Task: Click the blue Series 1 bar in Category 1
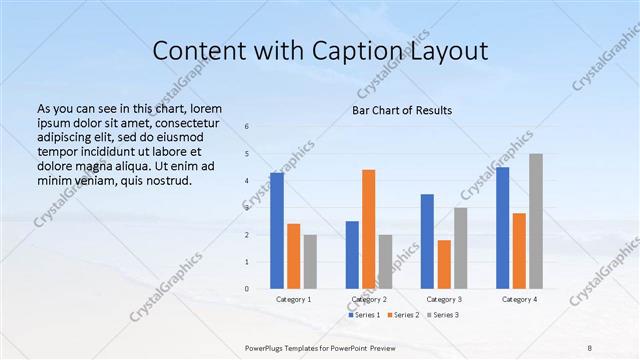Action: [277, 231]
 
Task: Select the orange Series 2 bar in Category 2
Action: [368, 229]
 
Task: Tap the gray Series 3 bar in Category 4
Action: [536, 221]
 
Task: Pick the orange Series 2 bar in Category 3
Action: [444, 264]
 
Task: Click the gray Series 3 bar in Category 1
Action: [310, 262]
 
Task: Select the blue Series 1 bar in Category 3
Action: [427, 241]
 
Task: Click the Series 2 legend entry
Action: [403, 315]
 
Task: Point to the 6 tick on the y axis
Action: [247, 126]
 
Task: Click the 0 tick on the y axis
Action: [247, 289]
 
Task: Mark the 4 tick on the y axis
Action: [247, 181]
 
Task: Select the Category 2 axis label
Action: [369, 299]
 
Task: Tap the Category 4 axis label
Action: [519, 299]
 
